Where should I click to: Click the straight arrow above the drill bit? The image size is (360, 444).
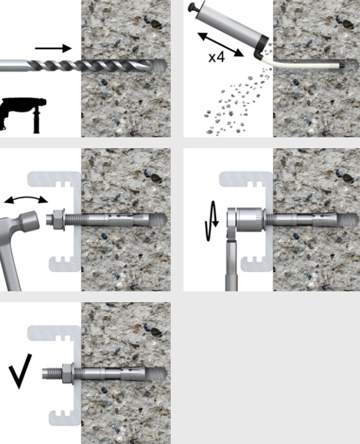click(53, 49)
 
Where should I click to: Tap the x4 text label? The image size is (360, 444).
click(217, 57)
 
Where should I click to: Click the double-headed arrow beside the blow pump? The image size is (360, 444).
click(220, 45)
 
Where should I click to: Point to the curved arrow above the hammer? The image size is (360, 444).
click(26, 199)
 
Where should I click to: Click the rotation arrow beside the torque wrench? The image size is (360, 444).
click(212, 221)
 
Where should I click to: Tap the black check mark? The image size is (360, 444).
click(20, 371)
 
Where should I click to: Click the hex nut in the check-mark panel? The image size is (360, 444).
click(68, 374)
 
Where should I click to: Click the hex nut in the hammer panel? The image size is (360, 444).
click(58, 220)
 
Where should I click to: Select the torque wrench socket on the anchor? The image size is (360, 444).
click(251, 220)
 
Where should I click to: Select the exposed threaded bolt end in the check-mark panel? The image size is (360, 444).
click(52, 374)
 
